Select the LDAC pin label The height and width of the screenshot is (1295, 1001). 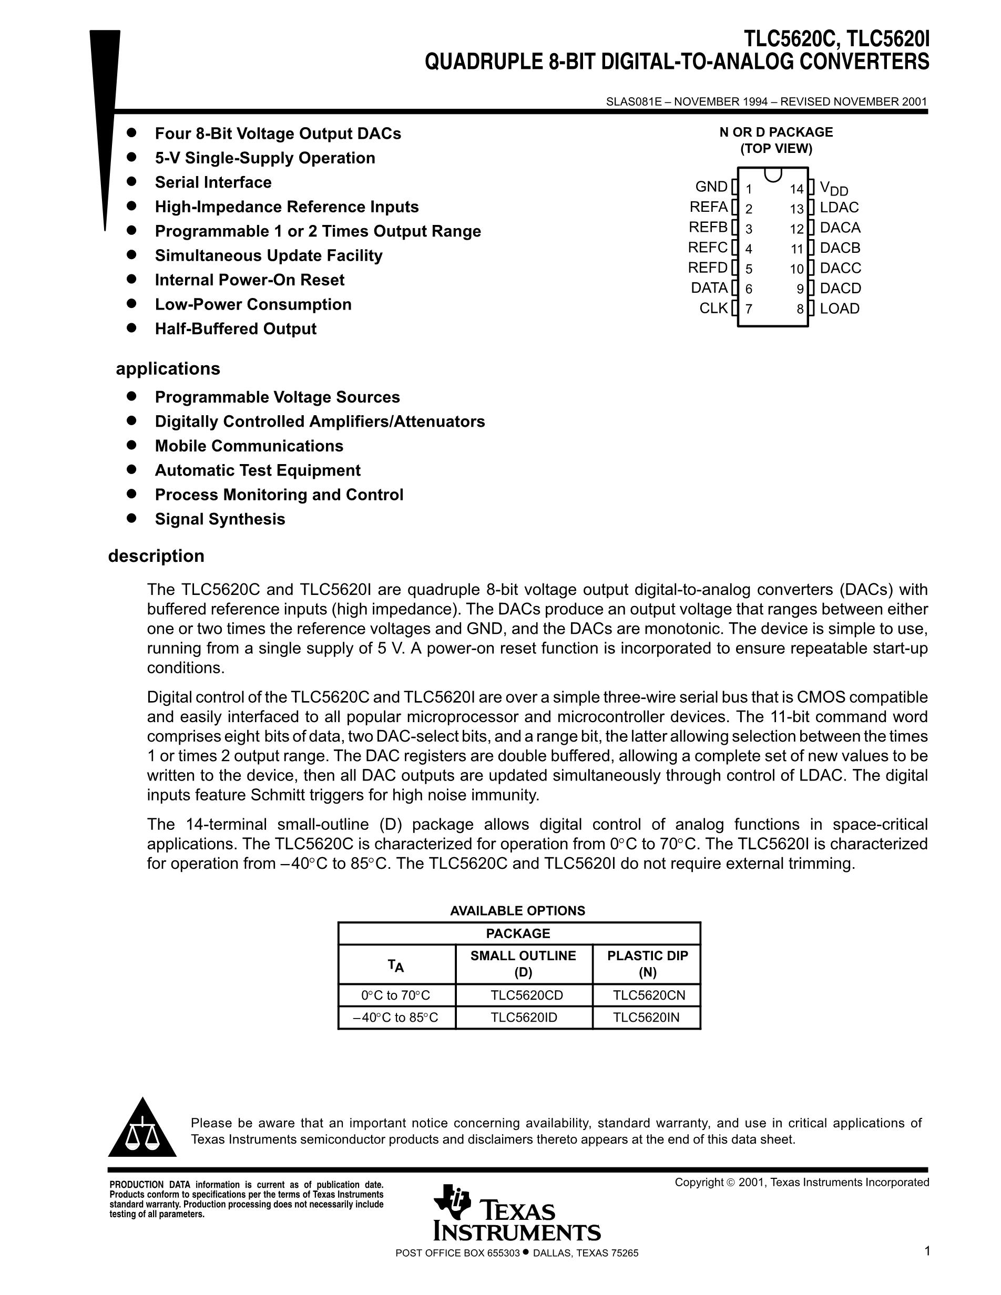pos(839,208)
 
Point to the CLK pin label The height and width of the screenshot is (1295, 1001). pos(713,309)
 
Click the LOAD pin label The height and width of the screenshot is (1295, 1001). pos(840,309)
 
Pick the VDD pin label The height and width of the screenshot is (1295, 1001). pos(834,189)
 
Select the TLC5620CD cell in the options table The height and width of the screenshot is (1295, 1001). pos(527,995)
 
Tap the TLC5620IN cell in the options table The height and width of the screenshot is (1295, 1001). pos(646,1017)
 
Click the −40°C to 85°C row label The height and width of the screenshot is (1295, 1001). pos(395,1017)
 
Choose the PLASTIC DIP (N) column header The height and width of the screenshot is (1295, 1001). pos(647,963)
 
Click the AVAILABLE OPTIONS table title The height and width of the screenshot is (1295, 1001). pos(517,911)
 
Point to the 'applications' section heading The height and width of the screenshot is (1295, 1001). pos(168,369)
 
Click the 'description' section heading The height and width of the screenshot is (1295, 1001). pos(156,556)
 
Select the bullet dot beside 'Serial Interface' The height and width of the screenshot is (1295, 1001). pos(131,181)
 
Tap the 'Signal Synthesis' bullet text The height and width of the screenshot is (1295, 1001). pos(220,519)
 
